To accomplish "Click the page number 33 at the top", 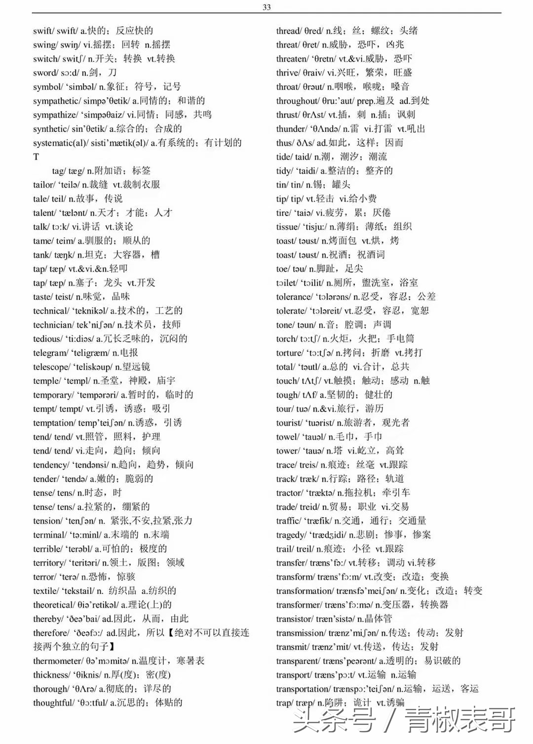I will pos(266,7).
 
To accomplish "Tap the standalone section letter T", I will pos(36,157).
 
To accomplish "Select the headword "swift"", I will pos(43,31).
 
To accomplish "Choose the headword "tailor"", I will pos(43,185).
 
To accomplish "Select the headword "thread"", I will pos(288,31).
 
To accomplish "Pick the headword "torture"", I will pos(289,353).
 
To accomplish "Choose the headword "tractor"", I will pos(289,493).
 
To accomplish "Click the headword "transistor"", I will pos(294,619).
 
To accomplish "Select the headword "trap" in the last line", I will pos(284,703).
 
